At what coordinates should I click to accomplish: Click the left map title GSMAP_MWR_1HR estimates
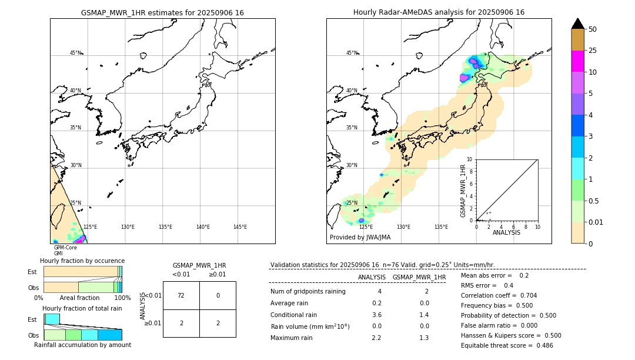click(162, 12)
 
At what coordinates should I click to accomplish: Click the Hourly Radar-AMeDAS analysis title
click(439, 12)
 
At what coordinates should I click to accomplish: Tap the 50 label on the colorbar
click(593, 29)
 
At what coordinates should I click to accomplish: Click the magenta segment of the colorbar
click(577, 61)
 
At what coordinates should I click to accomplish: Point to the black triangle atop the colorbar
click(577, 24)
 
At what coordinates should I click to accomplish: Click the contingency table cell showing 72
click(181, 295)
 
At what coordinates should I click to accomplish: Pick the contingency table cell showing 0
click(218, 295)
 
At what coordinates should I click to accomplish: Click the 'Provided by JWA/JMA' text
click(360, 237)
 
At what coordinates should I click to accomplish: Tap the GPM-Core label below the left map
click(65, 248)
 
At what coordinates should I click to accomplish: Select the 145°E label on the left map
click(240, 227)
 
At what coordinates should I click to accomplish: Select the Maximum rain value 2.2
click(376, 338)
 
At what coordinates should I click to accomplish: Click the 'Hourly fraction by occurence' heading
click(82, 261)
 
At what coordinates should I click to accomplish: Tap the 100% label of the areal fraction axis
click(122, 298)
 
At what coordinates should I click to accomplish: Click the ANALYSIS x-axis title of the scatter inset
click(506, 232)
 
